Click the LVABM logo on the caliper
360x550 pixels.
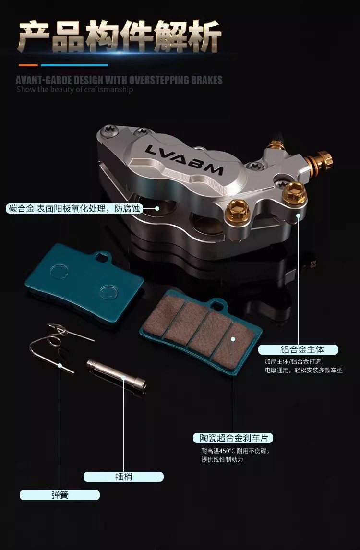click(x=183, y=160)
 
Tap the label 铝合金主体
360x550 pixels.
click(x=298, y=349)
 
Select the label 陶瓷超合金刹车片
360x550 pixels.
click(x=233, y=438)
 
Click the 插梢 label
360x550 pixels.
click(x=123, y=477)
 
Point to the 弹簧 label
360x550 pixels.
click(x=60, y=495)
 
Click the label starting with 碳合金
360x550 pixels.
click(x=74, y=209)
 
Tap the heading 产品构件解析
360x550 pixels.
click(x=120, y=36)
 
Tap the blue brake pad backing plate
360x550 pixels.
click(x=84, y=278)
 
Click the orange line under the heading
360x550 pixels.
click(x=28, y=65)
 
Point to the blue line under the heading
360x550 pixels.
click(x=74, y=65)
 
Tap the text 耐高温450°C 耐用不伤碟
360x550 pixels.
click(x=235, y=451)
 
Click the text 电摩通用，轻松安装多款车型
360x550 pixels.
click(x=303, y=370)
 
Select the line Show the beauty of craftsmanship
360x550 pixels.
click(x=75, y=89)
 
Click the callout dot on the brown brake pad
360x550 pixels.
click(x=233, y=339)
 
